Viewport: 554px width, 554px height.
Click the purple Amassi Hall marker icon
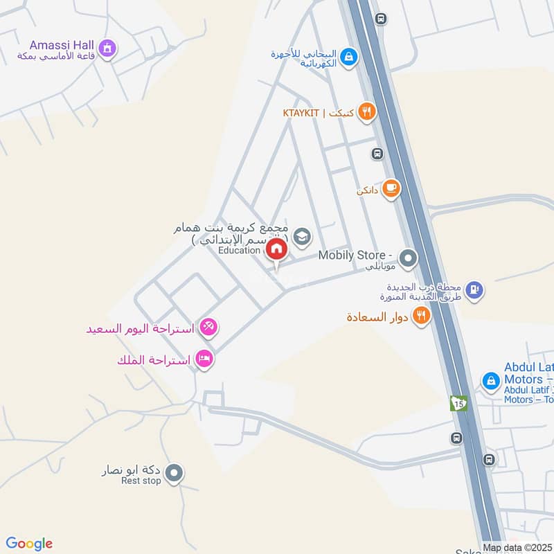point(107,48)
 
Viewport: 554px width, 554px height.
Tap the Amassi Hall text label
point(56,43)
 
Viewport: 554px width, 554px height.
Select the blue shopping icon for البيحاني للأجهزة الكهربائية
point(349,56)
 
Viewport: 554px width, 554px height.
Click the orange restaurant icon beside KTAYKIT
point(367,111)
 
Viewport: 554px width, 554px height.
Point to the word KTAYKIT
point(302,112)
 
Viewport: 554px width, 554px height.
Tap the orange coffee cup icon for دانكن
point(391,188)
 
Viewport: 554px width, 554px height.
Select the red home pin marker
point(276,250)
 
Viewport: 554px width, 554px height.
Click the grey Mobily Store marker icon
point(409,259)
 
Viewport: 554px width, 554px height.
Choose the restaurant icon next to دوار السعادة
point(420,316)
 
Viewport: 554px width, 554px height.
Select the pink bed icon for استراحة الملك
point(204,359)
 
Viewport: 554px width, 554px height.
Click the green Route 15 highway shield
point(458,403)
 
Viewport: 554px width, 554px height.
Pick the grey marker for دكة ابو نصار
point(175,473)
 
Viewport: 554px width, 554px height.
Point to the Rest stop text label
point(141,481)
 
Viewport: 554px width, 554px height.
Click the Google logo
point(29,544)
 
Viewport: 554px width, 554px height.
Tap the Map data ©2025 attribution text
point(516,548)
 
